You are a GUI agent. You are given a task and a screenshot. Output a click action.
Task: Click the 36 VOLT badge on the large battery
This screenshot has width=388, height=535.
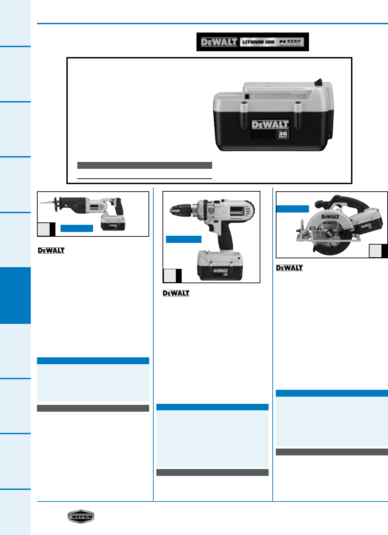pos(283,135)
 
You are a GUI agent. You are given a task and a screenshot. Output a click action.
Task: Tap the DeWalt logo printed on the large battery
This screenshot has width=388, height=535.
pos(270,125)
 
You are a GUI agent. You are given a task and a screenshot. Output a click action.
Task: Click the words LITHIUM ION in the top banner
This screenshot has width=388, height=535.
pos(258,42)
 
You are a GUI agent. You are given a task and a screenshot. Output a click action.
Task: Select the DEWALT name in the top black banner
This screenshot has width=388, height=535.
pos(219,42)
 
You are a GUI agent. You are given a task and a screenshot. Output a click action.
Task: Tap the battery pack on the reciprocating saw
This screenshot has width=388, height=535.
pos(113,224)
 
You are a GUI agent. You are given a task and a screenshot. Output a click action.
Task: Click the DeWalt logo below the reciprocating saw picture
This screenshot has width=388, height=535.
pos(51,250)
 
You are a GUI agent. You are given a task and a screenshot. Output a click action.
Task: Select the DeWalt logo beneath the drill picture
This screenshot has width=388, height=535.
pos(176,293)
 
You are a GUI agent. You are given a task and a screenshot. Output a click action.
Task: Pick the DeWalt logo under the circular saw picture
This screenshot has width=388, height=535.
pos(289,268)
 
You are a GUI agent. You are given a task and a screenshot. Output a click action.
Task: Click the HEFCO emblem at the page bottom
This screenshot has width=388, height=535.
pos(81,516)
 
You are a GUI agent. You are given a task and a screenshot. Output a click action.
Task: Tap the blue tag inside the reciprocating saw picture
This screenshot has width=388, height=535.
pos(77,229)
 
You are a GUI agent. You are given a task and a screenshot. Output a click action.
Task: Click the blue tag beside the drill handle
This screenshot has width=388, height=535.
pos(183,239)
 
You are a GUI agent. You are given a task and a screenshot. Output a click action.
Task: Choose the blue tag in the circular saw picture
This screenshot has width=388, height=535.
pos(292,209)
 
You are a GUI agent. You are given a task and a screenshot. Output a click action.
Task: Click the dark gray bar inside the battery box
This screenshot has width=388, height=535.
pos(144,165)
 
